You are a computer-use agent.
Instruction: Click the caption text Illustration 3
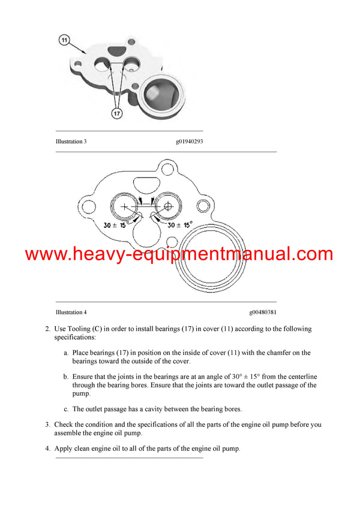[x=71, y=141]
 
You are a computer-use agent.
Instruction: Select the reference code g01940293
[x=189, y=141]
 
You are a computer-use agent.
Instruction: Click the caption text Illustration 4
[x=71, y=312]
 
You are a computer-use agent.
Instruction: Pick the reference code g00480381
[x=263, y=312]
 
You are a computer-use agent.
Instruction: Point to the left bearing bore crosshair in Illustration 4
[x=125, y=206]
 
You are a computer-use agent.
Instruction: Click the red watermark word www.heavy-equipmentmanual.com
[x=179, y=254]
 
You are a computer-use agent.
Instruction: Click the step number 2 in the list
[x=47, y=329]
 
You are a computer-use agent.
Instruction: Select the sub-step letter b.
[x=66, y=377]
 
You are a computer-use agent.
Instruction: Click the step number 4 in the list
[x=47, y=448]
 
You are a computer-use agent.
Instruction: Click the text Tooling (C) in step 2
[x=86, y=329]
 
